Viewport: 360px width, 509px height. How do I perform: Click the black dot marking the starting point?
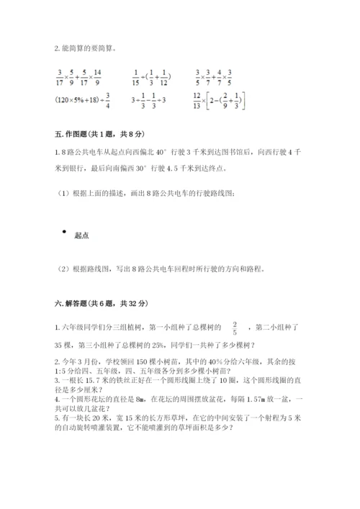(66, 232)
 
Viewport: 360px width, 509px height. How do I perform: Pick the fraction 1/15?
(136, 76)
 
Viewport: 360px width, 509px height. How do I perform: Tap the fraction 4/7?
(229, 76)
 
